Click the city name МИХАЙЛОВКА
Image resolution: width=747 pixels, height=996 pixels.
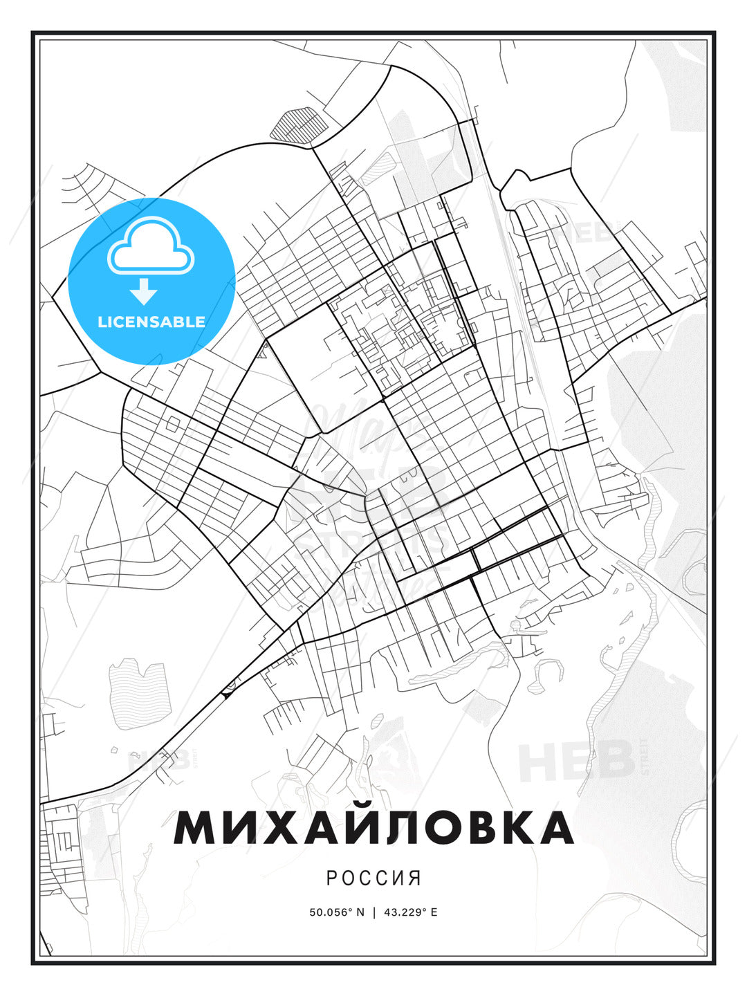[373, 827]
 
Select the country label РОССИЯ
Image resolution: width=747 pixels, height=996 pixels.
[373, 878]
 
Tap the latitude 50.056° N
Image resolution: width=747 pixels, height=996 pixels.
[337, 912]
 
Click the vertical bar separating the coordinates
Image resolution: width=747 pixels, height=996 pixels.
[374, 912]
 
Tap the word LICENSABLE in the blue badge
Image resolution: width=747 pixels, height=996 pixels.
[151, 322]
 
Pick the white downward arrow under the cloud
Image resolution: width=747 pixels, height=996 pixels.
[144, 292]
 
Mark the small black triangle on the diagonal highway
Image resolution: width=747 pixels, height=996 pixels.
[226, 692]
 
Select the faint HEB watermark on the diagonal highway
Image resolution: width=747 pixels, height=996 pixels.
[159, 760]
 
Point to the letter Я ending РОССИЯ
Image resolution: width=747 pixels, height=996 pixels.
[415, 878]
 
